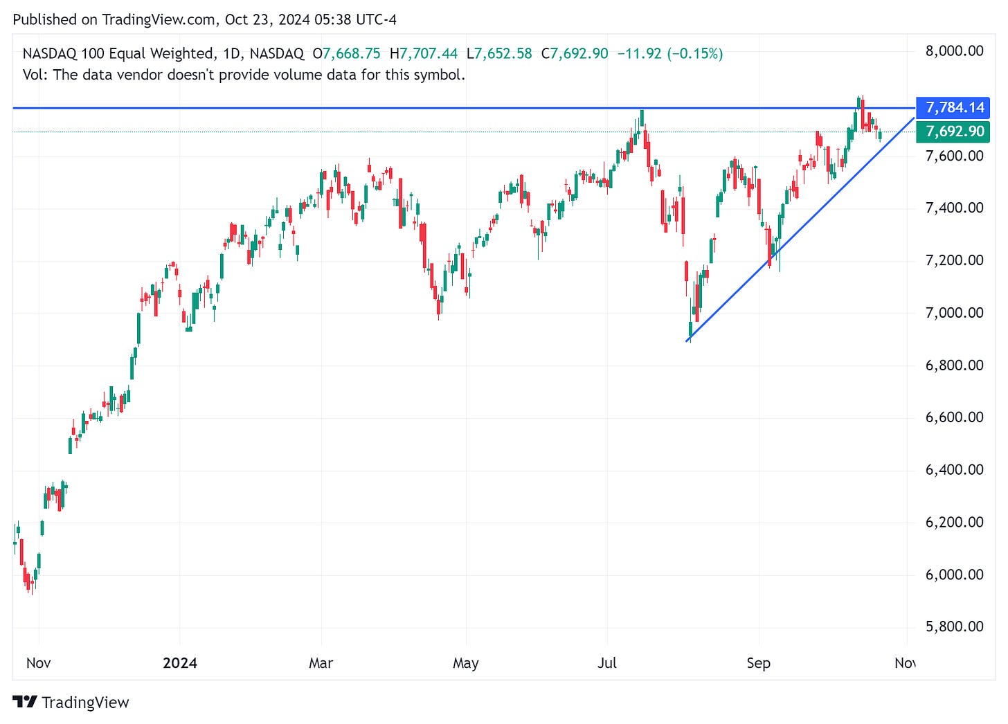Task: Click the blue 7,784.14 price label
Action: pos(955,107)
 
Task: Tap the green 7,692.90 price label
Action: pos(955,132)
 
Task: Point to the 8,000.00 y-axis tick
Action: pos(954,51)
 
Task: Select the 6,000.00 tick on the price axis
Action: pos(954,574)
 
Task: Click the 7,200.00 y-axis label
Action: pos(954,260)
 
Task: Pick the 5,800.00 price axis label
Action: pos(954,626)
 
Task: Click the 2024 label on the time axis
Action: pos(180,663)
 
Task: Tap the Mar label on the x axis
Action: pos(321,663)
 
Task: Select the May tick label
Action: pos(466,663)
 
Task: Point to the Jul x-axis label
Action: pos(607,663)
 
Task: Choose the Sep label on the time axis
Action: pos(759,663)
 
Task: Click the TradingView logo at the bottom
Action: pos(71,703)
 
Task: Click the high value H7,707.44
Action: pos(424,53)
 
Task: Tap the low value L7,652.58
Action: pos(499,53)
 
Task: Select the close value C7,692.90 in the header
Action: pos(575,53)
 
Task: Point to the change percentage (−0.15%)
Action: pos(695,53)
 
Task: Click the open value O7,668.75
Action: pos(346,53)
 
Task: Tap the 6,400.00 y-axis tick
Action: pos(954,470)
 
